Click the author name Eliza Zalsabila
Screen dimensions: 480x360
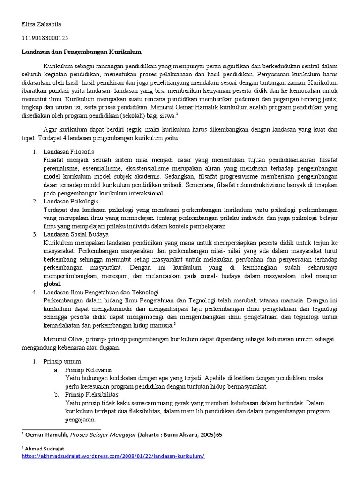point(41,24)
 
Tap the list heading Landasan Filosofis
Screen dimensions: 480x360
point(68,152)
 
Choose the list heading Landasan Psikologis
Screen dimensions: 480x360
point(71,201)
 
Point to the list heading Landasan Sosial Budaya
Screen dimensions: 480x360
point(76,234)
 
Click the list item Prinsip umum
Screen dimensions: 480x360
point(62,361)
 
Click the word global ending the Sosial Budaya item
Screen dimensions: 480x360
point(52,284)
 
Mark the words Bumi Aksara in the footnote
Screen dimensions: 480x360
point(178,435)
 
